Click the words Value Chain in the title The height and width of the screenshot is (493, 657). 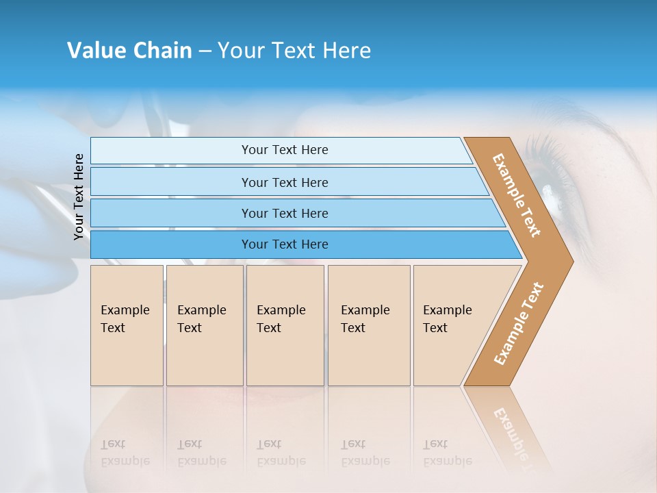[x=129, y=51]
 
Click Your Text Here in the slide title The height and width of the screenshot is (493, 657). [x=294, y=51]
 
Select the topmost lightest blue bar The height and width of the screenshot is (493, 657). [x=281, y=150]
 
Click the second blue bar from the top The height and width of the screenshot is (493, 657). [x=287, y=182]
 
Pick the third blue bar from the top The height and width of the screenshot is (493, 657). [x=294, y=213]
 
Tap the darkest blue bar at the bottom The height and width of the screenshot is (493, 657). [x=301, y=244]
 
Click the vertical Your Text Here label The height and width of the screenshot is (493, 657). [x=79, y=197]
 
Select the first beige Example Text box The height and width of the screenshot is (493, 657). [x=127, y=325]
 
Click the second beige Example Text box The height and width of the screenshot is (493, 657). [x=204, y=325]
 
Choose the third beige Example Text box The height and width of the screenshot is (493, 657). [x=285, y=325]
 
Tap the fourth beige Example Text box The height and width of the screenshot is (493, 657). [x=368, y=325]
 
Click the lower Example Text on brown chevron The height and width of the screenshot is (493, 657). [x=519, y=324]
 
